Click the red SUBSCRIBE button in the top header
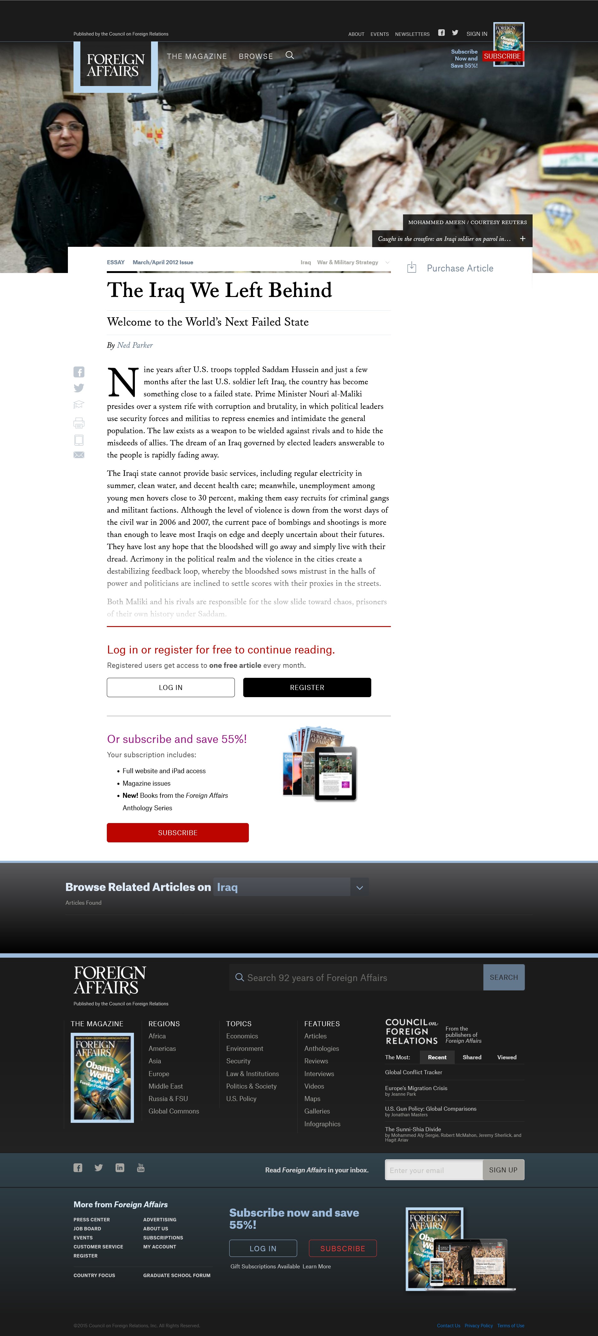(502, 56)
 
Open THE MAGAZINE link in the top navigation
(197, 56)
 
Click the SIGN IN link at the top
(477, 34)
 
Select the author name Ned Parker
(135, 345)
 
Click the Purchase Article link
(460, 268)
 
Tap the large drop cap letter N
(123, 382)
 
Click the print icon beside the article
(79, 423)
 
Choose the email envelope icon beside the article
(79, 455)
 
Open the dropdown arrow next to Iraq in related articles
(360, 887)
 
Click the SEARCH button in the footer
(504, 977)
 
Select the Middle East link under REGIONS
(165, 1086)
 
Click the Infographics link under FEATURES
(322, 1124)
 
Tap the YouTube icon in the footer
(140, 1167)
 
